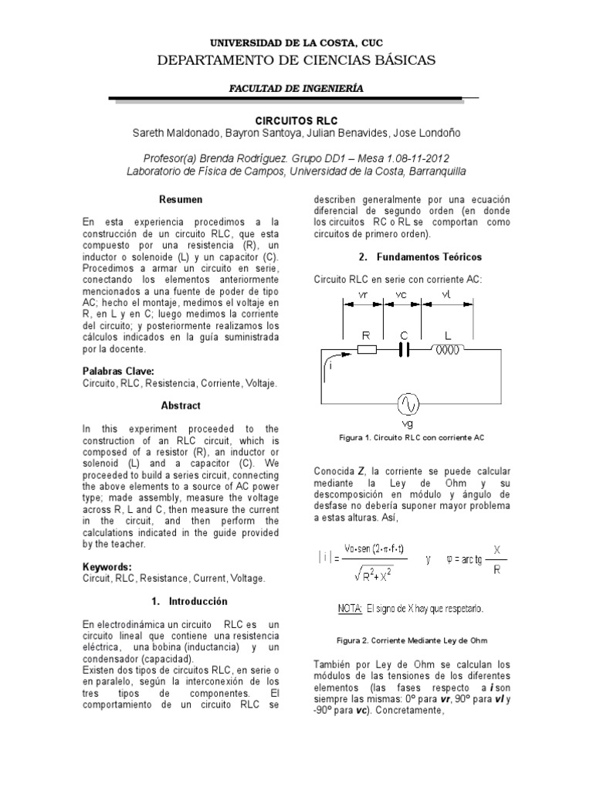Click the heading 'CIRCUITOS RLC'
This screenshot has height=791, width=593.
(x=296, y=121)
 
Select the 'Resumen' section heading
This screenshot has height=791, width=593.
(x=181, y=199)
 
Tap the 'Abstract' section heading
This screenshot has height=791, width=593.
(x=181, y=406)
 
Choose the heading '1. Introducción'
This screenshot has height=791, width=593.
(x=181, y=600)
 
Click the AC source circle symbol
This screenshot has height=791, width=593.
(x=407, y=403)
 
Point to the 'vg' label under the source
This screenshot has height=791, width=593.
(x=407, y=424)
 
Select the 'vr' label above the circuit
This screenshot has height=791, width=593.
(x=367, y=294)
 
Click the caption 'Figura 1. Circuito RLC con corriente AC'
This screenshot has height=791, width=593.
(x=412, y=437)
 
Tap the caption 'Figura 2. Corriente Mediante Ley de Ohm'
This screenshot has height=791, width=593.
(x=412, y=641)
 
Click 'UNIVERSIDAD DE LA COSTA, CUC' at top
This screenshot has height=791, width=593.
(x=297, y=43)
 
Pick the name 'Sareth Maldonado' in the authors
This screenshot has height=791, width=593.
(x=175, y=134)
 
